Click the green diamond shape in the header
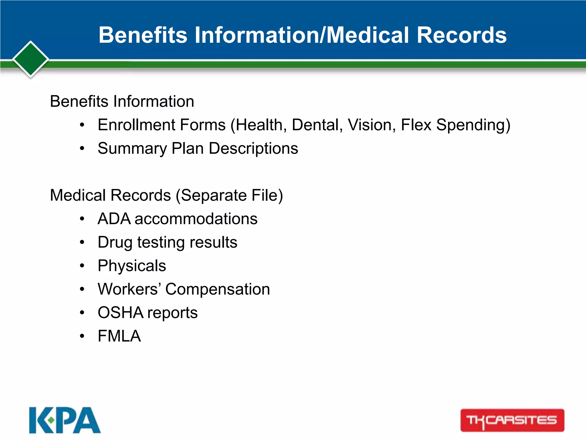pos(31,59)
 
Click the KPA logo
pos(65,420)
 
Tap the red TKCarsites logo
pos(512,420)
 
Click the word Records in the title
pos(462,35)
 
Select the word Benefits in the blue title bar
pos(143,35)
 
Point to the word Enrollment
pos(134,125)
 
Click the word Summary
pos(132,148)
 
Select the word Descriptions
pos(254,148)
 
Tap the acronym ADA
pos(114,219)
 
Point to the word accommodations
pos(196,219)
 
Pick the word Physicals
pos(132,266)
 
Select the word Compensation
pos(217,289)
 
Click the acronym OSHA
pos(120,313)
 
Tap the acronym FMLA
pos(119,336)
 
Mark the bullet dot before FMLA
pos(82,336)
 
